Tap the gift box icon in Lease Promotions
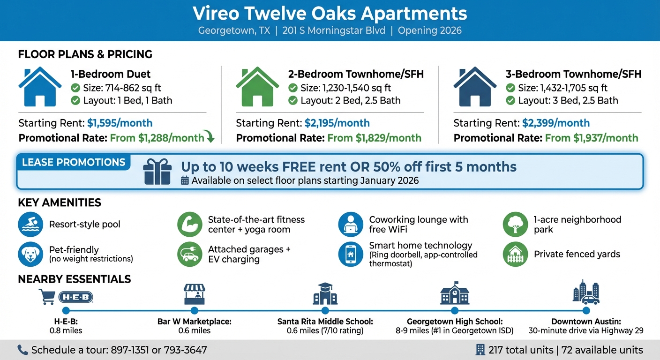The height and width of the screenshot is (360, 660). click(157, 171)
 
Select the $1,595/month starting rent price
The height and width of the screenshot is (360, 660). click(120, 123)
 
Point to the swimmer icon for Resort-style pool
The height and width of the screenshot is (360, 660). click(30, 225)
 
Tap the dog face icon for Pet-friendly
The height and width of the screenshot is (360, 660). click(30, 254)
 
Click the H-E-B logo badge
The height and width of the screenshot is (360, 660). click(76, 297)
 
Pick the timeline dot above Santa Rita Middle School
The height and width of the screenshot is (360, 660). click(325, 310)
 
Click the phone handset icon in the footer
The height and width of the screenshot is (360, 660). click(22, 350)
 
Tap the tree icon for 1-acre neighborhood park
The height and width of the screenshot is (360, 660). click(515, 225)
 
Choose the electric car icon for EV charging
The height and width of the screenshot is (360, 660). click(189, 255)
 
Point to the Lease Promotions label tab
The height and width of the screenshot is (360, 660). click(74, 163)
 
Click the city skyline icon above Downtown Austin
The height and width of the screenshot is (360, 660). click(585, 292)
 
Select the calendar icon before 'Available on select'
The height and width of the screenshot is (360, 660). click(185, 180)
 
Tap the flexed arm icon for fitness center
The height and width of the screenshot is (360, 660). click(189, 225)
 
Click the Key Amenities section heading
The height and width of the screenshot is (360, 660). click(60, 203)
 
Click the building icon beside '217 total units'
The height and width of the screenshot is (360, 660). click(480, 350)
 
